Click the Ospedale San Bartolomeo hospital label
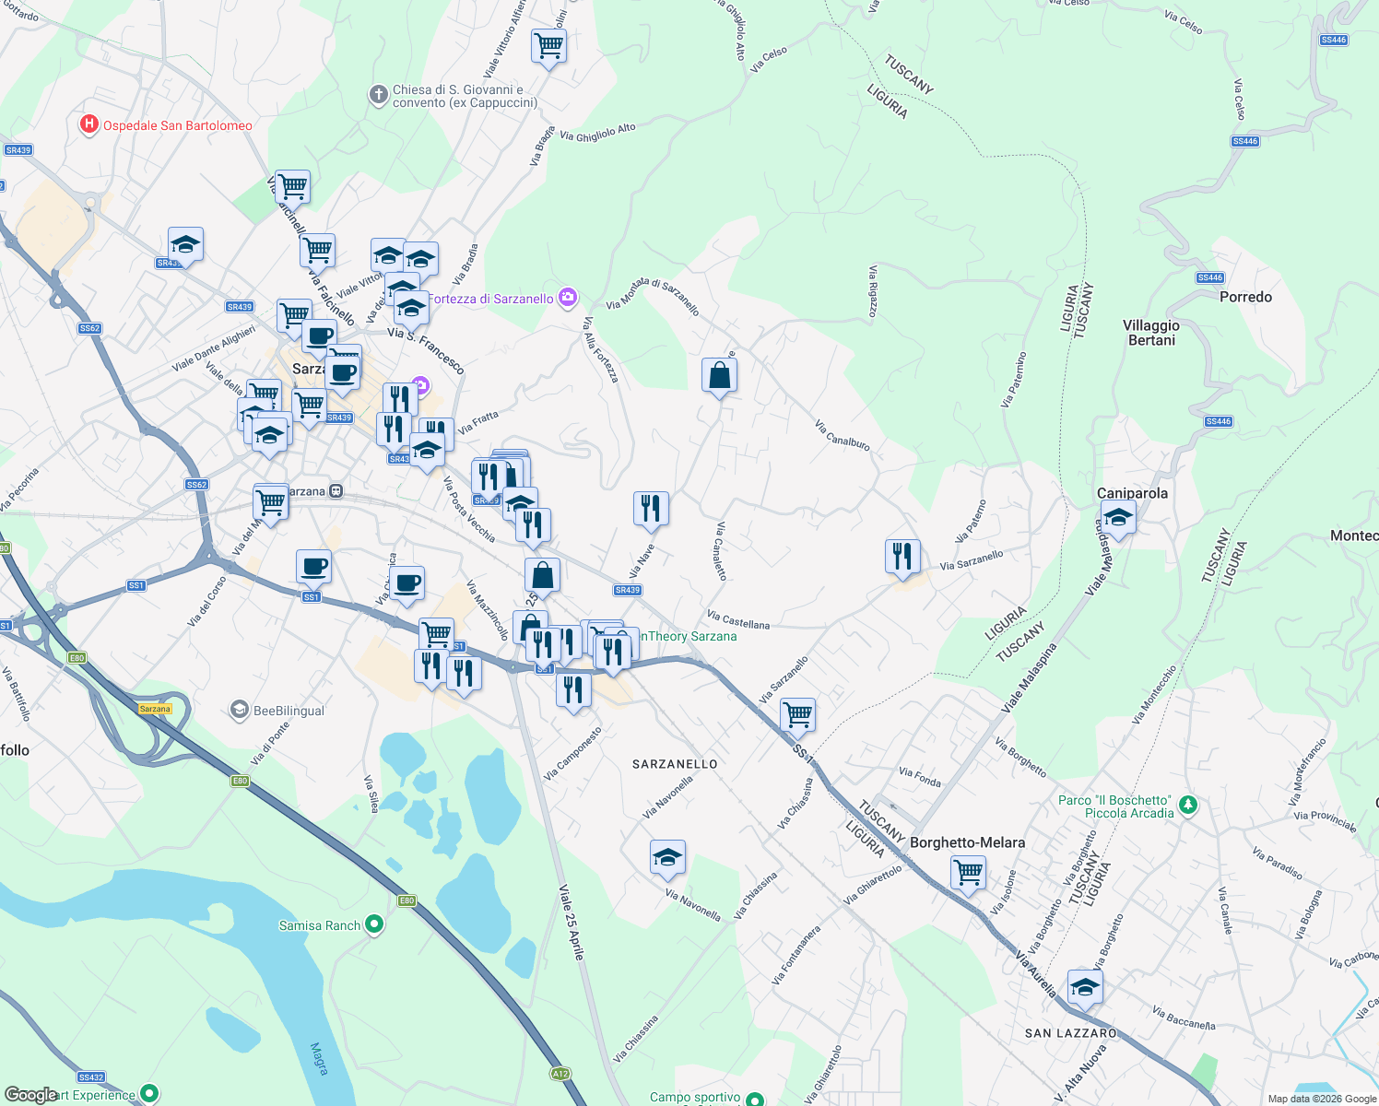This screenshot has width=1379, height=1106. [x=177, y=125]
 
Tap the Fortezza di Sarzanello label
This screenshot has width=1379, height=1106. [x=494, y=299]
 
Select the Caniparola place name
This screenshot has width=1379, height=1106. [x=1132, y=493]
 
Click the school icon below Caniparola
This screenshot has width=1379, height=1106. [x=1118, y=518]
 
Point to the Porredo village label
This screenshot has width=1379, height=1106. [x=1245, y=297]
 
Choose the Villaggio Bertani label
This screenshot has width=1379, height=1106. [x=1151, y=333]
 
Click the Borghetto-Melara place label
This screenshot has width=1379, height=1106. [x=967, y=842]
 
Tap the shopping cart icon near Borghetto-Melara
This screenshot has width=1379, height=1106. [x=969, y=872]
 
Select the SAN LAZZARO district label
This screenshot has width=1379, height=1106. [x=1071, y=1033]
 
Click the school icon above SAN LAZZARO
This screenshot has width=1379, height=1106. [x=1085, y=987]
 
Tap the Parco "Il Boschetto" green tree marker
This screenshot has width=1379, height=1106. [x=1188, y=806]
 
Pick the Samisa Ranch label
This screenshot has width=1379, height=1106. [x=320, y=925]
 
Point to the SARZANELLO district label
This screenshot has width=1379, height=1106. [x=675, y=764]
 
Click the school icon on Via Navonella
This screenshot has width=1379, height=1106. [x=667, y=858]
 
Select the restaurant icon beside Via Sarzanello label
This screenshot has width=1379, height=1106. [x=902, y=556]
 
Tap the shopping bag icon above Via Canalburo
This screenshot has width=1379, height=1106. [x=719, y=375]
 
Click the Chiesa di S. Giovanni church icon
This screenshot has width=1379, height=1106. [x=378, y=95]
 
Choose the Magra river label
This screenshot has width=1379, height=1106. [x=319, y=1058]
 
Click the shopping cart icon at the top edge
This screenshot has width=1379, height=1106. [x=548, y=44]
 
